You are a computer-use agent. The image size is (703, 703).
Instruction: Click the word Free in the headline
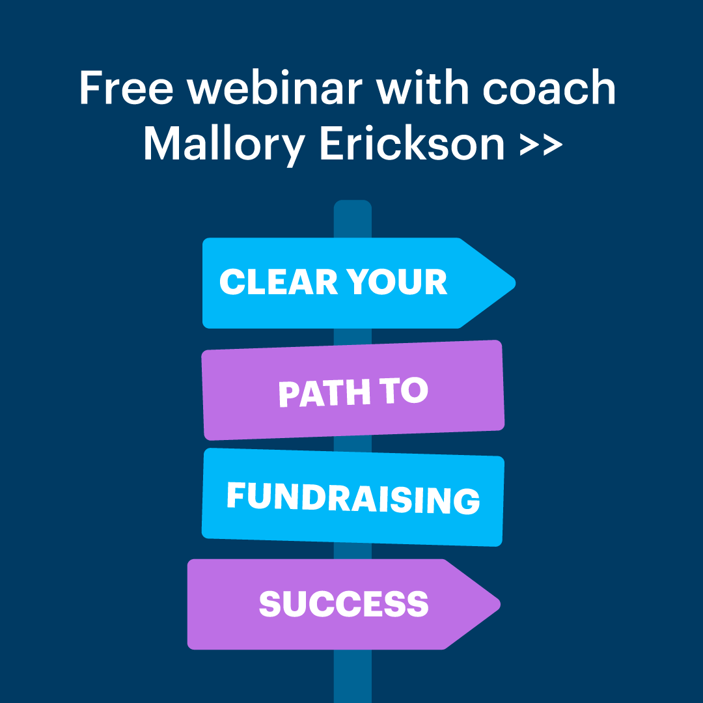pos(126,87)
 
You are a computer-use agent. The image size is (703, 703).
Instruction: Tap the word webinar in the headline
pos(275,87)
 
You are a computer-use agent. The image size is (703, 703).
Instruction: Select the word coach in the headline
pos(549,87)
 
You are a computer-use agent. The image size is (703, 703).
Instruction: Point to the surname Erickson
pos(412,143)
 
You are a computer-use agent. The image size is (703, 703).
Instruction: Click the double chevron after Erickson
pos(541,145)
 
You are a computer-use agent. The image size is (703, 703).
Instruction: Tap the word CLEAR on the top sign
pos(279,282)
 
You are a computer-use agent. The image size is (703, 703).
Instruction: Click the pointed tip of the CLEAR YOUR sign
pos(515,283)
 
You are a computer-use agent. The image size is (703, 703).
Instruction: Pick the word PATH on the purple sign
pos(325,393)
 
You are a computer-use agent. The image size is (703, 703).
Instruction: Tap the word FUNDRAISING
pos(353,498)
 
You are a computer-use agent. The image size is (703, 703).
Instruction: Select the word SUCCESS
pos(344,603)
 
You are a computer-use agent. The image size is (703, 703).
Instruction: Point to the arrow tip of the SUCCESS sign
pos(499,604)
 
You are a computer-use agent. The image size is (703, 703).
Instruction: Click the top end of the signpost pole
pos(353,201)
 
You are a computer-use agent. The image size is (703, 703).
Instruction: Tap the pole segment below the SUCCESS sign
pos(353,676)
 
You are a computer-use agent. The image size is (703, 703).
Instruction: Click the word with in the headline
pos(422,87)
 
